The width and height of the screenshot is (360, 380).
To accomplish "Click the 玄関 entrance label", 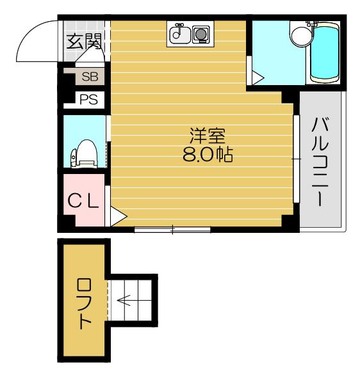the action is click(x=83, y=42).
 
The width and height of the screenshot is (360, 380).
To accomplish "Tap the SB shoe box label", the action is click(x=90, y=77).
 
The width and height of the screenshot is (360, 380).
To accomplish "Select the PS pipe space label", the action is click(x=89, y=99).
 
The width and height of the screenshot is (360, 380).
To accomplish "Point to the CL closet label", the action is click(x=83, y=201).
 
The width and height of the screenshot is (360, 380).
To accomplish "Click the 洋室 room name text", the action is click(x=208, y=136).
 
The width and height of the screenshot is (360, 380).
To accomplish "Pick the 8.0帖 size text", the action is click(x=208, y=154).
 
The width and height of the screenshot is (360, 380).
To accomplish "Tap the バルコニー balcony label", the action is click(x=320, y=162).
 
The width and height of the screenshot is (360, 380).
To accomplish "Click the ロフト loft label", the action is click(x=84, y=304).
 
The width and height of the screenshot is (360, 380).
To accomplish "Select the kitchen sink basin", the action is click(x=179, y=34).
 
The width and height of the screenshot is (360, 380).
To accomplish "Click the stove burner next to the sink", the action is click(x=201, y=35).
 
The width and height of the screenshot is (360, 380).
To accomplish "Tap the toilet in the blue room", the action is click(x=84, y=154).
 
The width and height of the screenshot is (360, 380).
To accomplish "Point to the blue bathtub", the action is click(x=324, y=52).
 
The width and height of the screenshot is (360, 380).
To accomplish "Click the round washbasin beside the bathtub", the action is click(x=301, y=36).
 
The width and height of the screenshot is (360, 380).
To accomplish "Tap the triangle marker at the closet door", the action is click(x=119, y=216).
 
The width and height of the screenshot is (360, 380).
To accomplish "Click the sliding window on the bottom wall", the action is click(x=172, y=230).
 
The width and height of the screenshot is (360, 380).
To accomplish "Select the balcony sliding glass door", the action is click(x=296, y=159).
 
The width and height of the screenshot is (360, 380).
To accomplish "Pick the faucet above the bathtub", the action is click(x=312, y=24).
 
